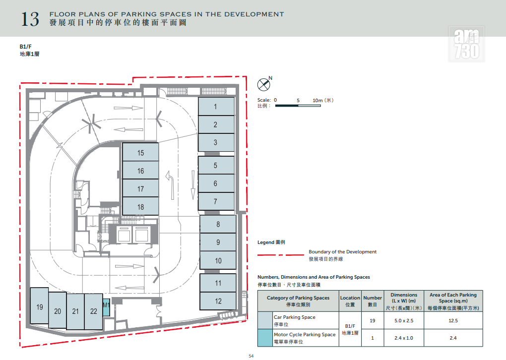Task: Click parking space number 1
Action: (216, 107)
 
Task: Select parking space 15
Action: (140, 152)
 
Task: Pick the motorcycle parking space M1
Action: (106, 308)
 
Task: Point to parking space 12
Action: (218, 301)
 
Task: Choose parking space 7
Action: (216, 201)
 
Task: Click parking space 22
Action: (94, 311)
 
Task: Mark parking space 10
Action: (218, 260)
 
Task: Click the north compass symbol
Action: (264, 83)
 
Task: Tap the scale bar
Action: (298, 106)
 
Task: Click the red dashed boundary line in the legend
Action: (280, 255)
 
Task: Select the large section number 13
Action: (30, 19)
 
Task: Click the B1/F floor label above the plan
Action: (25, 47)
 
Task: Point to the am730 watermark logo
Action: (466, 44)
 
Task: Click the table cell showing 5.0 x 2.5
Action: (404, 321)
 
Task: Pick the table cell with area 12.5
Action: (453, 321)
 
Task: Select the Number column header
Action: (373, 301)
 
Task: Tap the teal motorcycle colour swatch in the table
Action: (265, 338)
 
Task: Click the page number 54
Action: (251, 356)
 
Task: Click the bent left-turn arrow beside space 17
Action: (170, 184)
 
